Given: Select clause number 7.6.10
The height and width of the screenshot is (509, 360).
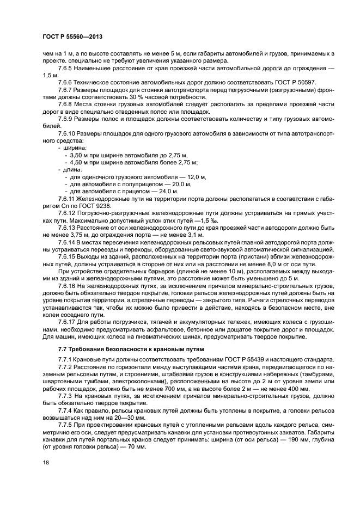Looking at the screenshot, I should point(69,133).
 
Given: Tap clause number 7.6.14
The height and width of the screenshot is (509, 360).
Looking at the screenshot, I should point(69,241).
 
